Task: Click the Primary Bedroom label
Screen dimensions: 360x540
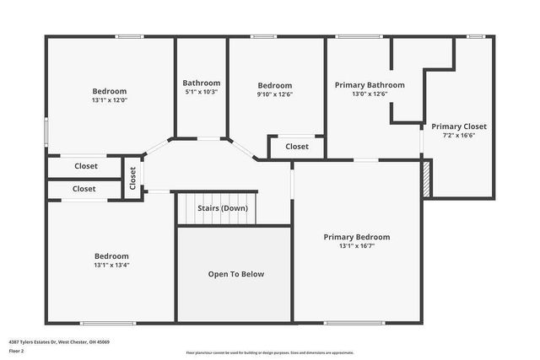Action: point(357,237)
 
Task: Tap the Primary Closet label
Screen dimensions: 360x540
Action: point(459,126)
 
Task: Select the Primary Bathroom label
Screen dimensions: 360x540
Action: point(370,85)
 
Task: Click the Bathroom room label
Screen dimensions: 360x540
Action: point(202,83)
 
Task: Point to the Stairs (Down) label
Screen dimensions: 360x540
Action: point(223,208)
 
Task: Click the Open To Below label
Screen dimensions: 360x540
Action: point(236,274)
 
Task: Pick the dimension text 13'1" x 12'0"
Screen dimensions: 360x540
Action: point(110,100)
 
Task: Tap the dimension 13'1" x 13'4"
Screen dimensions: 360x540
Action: point(111,265)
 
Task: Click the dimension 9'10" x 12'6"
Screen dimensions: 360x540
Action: point(275,94)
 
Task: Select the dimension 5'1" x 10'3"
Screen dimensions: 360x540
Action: point(202,92)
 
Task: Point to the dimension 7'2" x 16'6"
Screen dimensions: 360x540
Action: point(459,136)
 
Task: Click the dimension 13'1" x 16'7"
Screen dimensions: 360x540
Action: point(357,246)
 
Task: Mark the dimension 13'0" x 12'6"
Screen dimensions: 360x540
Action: point(370,94)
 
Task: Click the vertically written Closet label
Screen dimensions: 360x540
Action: point(132,178)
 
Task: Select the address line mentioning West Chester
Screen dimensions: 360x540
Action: point(59,341)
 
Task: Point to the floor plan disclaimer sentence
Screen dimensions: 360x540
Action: point(270,353)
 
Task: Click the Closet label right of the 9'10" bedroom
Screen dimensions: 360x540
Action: point(297,147)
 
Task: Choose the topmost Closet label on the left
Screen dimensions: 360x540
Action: point(86,167)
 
